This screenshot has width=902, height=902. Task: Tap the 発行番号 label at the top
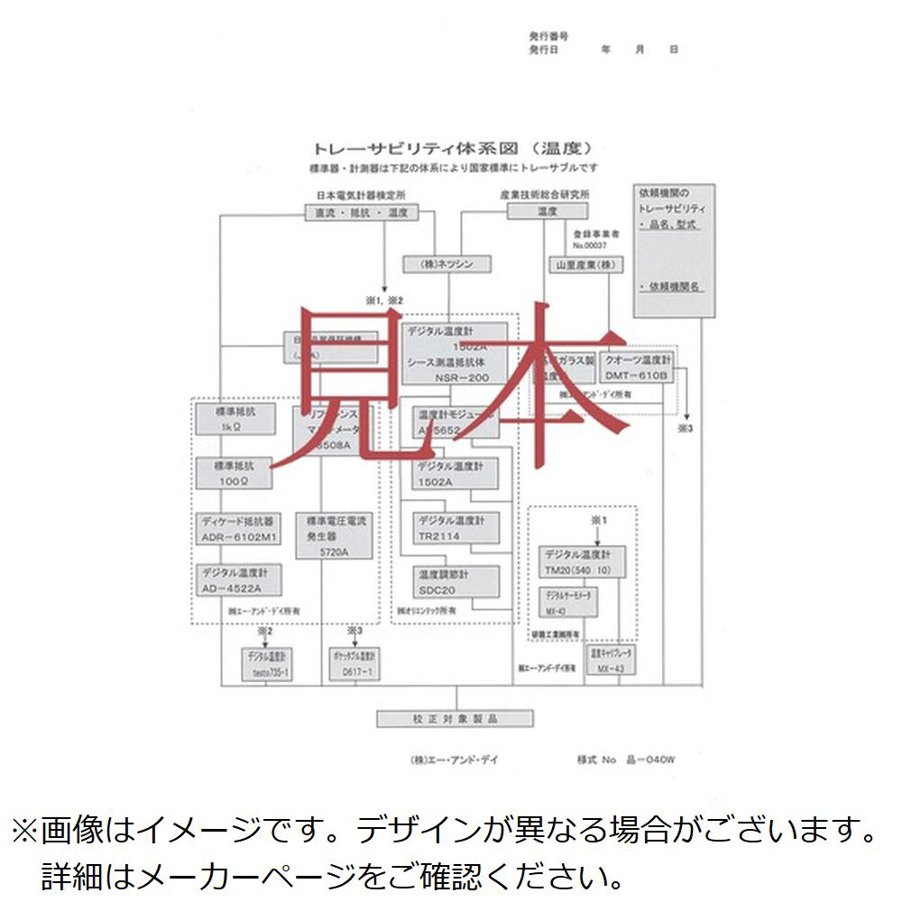pos(548,36)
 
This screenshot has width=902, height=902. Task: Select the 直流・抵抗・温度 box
pos(360,213)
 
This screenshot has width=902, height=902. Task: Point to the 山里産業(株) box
pos(584,264)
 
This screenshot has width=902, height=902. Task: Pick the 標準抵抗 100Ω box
pos(236,472)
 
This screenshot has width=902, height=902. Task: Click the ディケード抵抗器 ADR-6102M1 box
pos(239,529)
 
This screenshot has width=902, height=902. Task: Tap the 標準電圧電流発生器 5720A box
pos(340,537)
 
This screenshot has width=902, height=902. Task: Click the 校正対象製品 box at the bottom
pos(455,718)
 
